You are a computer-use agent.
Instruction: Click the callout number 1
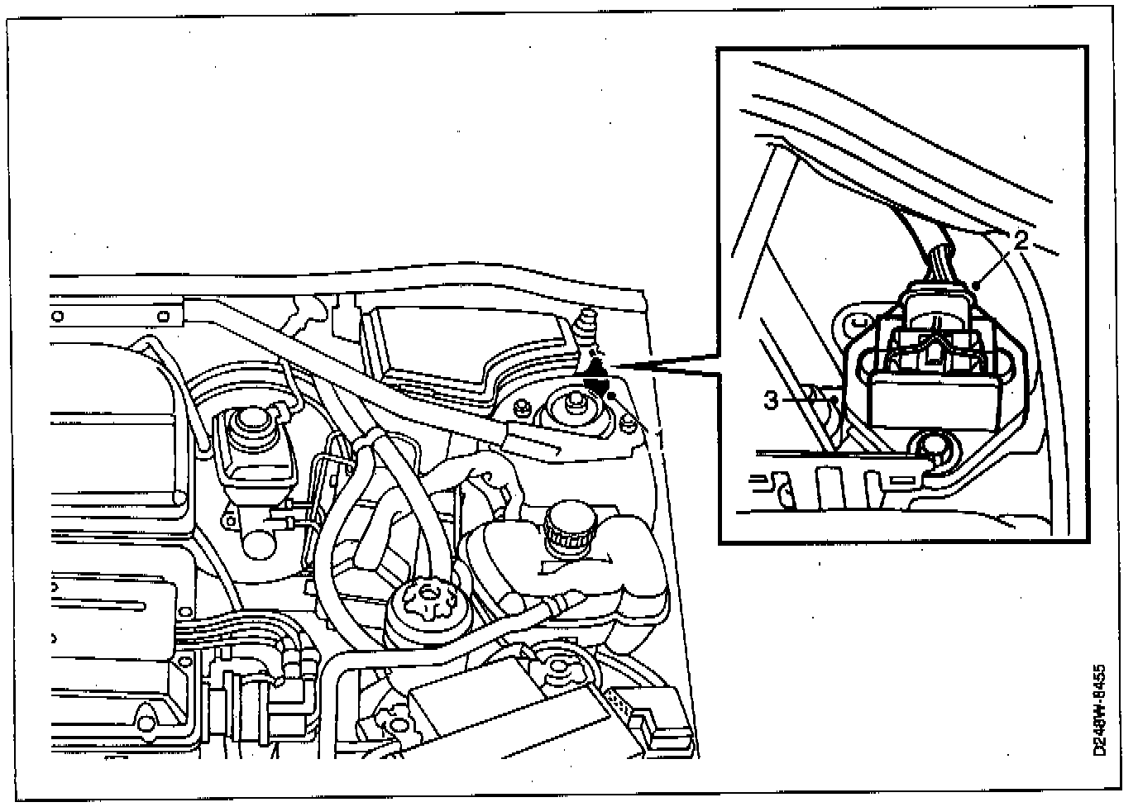(x=659, y=432)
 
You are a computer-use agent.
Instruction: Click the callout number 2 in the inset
(x=1021, y=241)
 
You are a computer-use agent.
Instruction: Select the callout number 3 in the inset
(x=771, y=401)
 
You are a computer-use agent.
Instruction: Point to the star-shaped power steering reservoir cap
(x=428, y=596)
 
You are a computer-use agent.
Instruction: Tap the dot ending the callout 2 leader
(x=978, y=285)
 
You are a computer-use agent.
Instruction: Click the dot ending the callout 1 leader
(x=612, y=397)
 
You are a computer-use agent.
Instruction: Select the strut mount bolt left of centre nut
(x=523, y=405)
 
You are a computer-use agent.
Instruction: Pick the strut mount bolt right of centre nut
(x=626, y=426)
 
